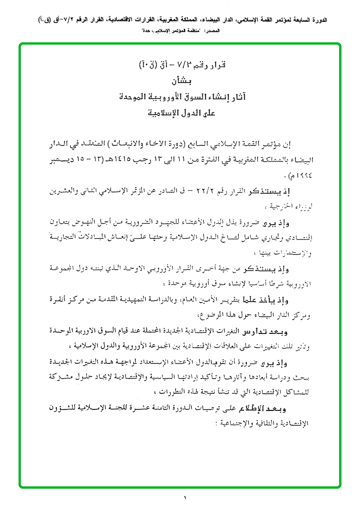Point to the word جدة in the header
click(143, 30)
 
